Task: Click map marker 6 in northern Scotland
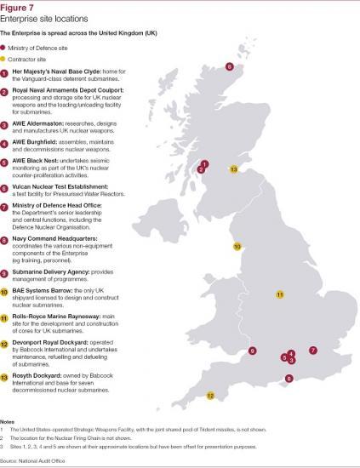tap(229, 66)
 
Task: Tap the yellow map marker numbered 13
tap(235, 168)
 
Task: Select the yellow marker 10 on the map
tap(238, 246)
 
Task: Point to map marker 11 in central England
tap(278, 294)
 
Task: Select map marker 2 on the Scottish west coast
tap(201, 170)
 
